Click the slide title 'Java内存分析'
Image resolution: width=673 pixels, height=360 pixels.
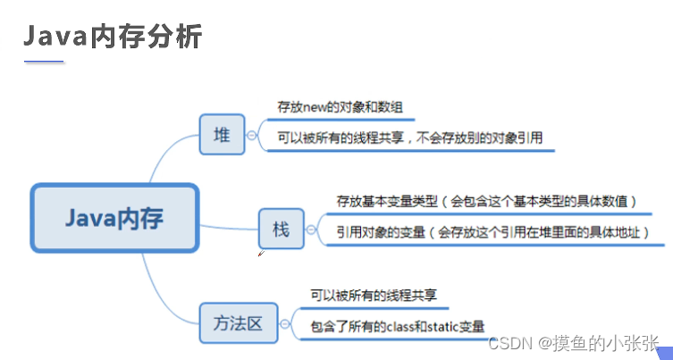[113, 37]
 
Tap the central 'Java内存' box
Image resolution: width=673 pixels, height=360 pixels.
[114, 218]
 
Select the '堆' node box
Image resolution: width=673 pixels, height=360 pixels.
[222, 135]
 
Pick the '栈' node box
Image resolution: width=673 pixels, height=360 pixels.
[281, 230]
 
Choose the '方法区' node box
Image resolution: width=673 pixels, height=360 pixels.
[236, 322]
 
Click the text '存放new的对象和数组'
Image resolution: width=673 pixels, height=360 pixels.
[341, 107]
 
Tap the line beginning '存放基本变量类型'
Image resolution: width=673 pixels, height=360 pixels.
[486, 201]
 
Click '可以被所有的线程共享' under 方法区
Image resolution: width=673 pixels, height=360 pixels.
[374, 294]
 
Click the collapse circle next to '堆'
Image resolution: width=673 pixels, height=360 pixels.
[253, 135]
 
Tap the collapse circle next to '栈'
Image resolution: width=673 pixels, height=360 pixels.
[311, 230]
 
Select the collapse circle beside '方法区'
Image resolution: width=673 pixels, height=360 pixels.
[285, 322]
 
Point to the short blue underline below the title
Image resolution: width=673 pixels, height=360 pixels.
[44, 63]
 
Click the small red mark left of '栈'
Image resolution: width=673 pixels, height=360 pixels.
[260, 254]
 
